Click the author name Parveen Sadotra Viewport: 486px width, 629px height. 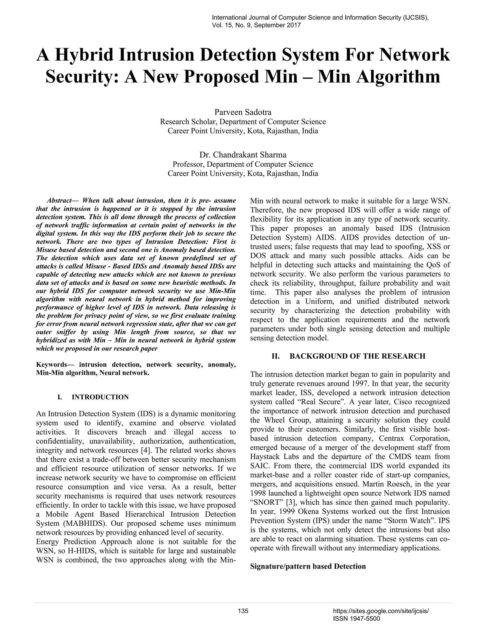pyautogui.click(x=243, y=112)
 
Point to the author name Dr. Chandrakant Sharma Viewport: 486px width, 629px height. pyautogui.click(x=243, y=155)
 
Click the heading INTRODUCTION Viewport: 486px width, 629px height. pyautogui.click(x=100, y=397)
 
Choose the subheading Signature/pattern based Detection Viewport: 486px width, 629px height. pyautogui.click(x=308, y=567)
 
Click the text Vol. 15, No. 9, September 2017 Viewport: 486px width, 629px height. pyautogui.click(x=256, y=25)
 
